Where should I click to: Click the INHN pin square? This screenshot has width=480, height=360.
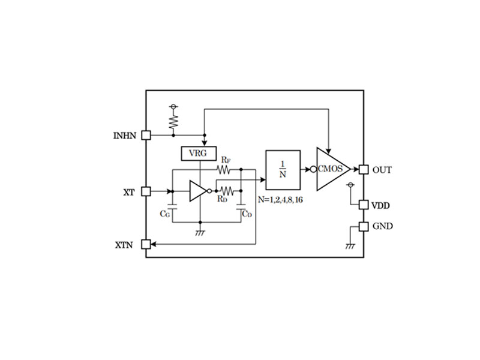tap(146, 135)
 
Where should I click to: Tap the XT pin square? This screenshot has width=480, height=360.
tap(146, 191)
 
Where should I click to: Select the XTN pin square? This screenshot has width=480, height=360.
tap(146, 244)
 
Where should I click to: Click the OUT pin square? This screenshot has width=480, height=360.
tap(364, 169)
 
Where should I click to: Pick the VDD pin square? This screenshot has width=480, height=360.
tap(364, 205)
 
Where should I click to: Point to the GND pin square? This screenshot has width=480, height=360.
tap(364, 227)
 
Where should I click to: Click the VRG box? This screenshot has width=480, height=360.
tap(199, 154)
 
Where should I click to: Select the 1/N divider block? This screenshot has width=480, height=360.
tap(283, 170)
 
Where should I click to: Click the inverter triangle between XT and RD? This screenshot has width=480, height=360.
tap(198, 191)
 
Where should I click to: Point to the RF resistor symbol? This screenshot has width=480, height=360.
tap(223, 169)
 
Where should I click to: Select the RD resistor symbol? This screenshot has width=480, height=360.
tap(227, 191)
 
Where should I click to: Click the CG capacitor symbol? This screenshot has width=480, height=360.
tap(172, 207)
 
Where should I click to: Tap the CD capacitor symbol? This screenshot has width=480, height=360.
tap(241, 207)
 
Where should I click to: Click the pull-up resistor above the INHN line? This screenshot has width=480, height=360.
tap(173, 122)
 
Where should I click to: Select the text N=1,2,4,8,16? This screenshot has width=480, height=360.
tap(280, 200)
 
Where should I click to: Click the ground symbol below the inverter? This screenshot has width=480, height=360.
tap(200, 233)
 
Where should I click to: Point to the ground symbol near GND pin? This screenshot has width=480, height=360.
tap(350, 246)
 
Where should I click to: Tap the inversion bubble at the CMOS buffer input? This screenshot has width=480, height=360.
tap(313, 169)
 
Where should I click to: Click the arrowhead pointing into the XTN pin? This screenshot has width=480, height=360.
tap(154, 244)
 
